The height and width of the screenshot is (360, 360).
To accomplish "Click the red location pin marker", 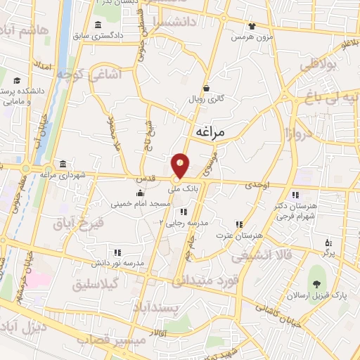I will (181, 166).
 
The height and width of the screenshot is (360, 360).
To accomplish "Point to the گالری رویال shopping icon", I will (206, 88).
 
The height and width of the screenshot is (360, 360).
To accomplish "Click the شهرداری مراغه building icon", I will (63, 163).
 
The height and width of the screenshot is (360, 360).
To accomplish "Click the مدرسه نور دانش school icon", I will (117, 252).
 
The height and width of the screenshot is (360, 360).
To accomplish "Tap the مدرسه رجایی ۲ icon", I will (183, 212).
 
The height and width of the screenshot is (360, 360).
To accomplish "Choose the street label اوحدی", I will (257, 184).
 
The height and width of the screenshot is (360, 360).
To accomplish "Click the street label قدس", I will (146, 179).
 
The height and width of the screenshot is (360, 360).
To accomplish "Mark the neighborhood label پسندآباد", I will (161, 310).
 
